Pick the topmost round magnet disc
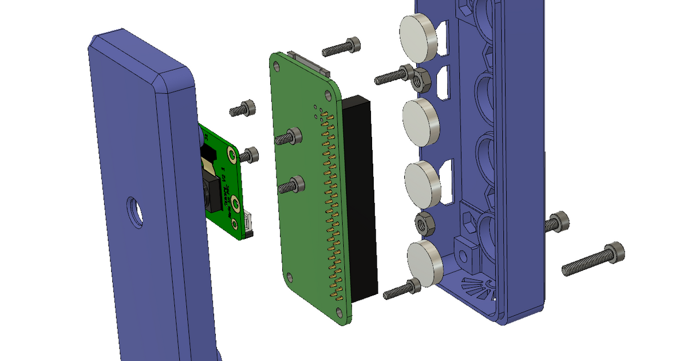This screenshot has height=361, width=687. click(x=418, y=38)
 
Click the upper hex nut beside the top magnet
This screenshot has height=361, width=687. click(x=421, y=80)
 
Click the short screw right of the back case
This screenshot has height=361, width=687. click(x=556, y=222)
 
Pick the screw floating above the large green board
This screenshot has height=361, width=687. click(x=342, y=47)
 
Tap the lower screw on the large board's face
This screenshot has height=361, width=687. click(x=291, y=186)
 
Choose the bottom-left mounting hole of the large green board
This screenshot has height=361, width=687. click(x=290, y=277)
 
